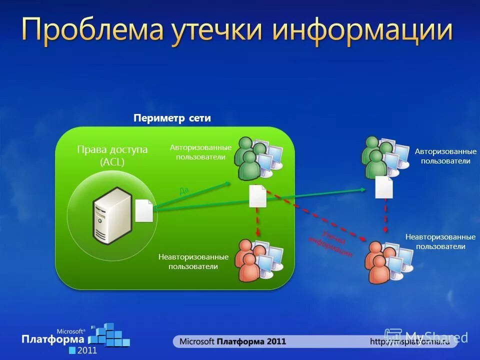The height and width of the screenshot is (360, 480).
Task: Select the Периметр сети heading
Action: [x=172, y=118]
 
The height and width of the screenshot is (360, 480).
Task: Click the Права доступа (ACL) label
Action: [x=112, y=155]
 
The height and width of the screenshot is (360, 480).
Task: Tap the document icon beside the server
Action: [x=144, y=210]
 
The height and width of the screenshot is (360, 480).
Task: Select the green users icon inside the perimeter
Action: [x=257, y=157]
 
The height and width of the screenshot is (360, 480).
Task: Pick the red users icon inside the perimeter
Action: [x=257, y=260]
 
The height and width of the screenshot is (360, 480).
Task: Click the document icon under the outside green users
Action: [x=384, y=187]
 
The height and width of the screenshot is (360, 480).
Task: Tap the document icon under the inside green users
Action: [x=257, y=196]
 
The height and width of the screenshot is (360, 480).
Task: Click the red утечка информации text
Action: [x=330, y=242]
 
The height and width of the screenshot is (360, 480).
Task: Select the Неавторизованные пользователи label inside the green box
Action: [x=193, y=261]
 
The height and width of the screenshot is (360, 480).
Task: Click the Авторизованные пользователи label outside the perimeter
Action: [x=445, y=156]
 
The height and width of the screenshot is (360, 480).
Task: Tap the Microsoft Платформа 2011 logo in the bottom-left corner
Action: [x=75, y=337]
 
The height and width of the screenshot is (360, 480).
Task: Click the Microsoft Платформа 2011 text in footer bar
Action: [x=232, y=341]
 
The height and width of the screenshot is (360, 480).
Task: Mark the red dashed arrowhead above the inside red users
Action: [x=257, y=232]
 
